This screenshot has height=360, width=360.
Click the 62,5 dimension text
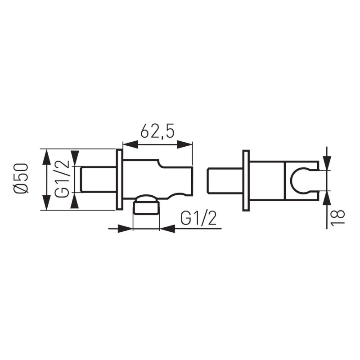tap(157, 131)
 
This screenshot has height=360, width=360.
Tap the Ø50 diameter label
tap(21, 179)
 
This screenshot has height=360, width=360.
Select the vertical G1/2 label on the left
tap(62, 179)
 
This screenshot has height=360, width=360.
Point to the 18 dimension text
tap(338, 217)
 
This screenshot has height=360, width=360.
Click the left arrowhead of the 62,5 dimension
tap(131, 145)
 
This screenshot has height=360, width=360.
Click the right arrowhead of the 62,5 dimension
tap(184, 145)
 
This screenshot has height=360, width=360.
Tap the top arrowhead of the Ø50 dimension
tap(47, 157)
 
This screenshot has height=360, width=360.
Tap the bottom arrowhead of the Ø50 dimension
tap(47, 202)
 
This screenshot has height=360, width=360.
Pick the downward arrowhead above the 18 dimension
tap(327, 163)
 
